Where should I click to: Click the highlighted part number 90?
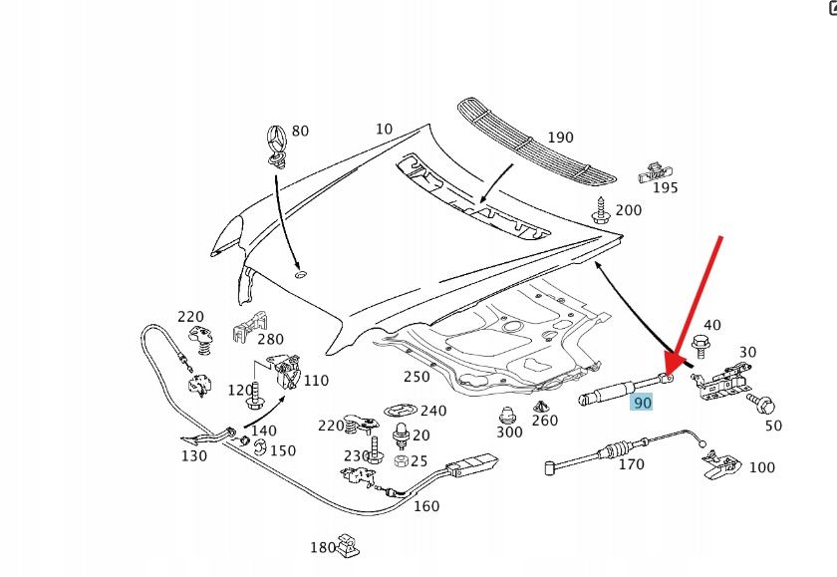pyautogui.click(x=642, y=403)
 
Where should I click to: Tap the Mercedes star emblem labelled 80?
pyautogui.click(x=276, y=144)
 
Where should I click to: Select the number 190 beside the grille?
pyautogui.click(x=561, y=138)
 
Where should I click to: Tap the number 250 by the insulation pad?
pyautogui.click(x=417, y=376)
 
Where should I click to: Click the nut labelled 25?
pyautogui.click(x=400, y=460)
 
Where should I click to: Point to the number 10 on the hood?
pyautogui.click(x=384, y=129)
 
